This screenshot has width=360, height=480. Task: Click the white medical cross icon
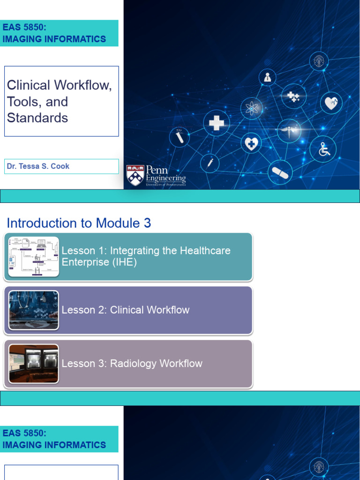tap(216, 123)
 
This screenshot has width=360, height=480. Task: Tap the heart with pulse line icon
tap(331, 103)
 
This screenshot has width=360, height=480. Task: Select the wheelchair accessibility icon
tap(323, 149)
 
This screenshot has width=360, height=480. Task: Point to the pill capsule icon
tap(280, 173)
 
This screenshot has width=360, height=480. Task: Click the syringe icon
tap(210, 163)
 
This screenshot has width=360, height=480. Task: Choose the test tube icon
tap(179, 137)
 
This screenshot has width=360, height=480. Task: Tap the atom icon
tap(252, 109)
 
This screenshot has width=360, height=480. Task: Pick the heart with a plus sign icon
tap(251, 143)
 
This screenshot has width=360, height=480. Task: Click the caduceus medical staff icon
tap(288, 131)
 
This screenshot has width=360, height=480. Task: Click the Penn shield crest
tap(135, 175)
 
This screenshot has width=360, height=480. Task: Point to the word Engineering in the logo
tap(165, 178)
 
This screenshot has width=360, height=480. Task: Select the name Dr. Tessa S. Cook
tap(38, 166)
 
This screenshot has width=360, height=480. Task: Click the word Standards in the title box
tap(37, 118)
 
